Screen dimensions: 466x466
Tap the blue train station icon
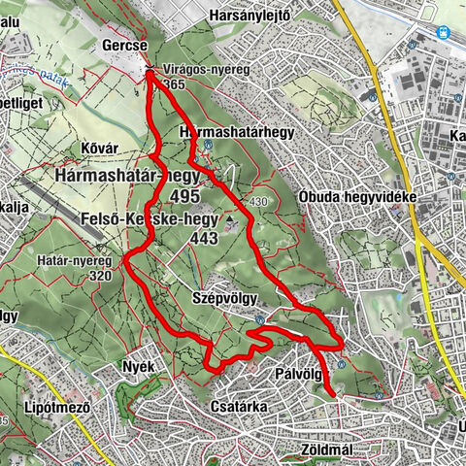point(444,30)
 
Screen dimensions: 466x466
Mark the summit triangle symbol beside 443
point(231,225)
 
